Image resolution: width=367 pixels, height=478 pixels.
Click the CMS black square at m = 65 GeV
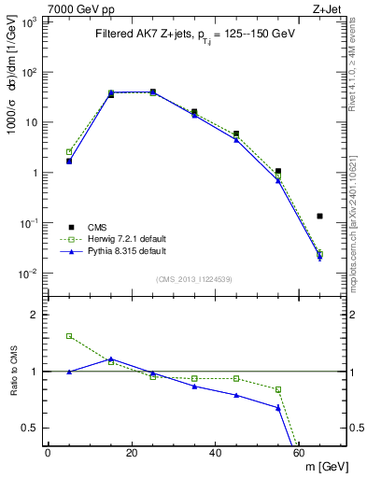[319, 216]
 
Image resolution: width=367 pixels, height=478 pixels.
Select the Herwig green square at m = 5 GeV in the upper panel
[69, 151]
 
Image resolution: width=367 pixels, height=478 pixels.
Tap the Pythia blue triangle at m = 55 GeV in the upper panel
[278, 180]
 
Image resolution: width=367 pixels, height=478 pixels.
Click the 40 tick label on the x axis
[216, 454]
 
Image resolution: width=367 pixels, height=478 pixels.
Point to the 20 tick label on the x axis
[132, 454]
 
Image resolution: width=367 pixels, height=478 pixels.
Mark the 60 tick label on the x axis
[300, 454]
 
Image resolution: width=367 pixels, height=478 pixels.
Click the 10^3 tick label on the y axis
[29, 21]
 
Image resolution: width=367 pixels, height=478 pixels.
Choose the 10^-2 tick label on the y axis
[29, 274]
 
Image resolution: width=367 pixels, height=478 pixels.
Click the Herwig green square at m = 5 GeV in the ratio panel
[69, 336]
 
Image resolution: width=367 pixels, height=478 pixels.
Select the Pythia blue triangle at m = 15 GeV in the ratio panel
[111, 358]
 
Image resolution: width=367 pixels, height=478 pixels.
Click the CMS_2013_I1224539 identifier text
[193, 278]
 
